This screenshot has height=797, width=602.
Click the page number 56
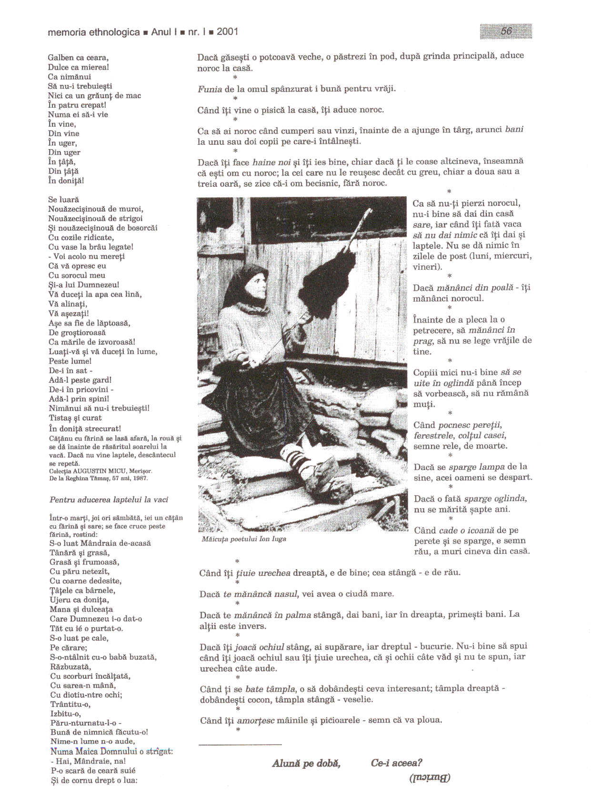[x=506, y=31]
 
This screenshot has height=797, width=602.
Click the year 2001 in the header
[x=227, y=32]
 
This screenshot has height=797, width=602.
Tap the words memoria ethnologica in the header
[x=94, y=32]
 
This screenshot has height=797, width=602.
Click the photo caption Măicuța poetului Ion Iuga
[x=244, y=539]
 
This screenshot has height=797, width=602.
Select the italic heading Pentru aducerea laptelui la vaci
[x=109, y=500]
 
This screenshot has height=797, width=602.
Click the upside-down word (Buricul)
[x=430, y=777]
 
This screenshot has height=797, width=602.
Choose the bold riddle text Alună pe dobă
[x=306, y=763]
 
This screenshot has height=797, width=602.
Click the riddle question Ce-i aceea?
[x=396, y=763]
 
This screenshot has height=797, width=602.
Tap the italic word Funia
[x=210, y=89]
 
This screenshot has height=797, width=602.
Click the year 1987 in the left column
[x=140, y=478]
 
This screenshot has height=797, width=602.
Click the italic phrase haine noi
[x=271, y=163]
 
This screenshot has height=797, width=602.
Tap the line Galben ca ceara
[x=78, y=58]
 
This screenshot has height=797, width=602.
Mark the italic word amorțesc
[x=256, y=720]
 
